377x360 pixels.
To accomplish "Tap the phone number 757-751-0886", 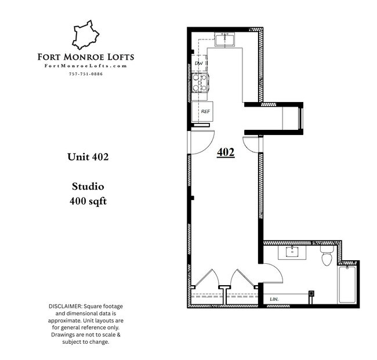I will pyautogui.click(x=85, y=74).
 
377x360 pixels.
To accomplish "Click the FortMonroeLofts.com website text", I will pyautogui.click(x=85, y=66).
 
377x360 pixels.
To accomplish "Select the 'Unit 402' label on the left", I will pyautogui.click(x=88, y=157).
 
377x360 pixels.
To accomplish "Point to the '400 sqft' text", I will pyautogui.click(x=88, y=202).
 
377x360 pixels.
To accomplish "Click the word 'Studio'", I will pyautogui.click(x=88, y=187).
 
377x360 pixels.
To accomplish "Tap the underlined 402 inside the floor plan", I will pyautogui.click(x=225, y=152).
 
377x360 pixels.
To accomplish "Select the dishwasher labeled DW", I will pyautogui.click(x=199, y=63).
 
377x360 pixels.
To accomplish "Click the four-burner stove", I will pyautogui.click(x=200, y=83).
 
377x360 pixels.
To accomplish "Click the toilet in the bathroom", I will pyautogui.click(x=327, y=256).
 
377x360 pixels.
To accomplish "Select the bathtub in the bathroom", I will pyautogui.click(x=347, y=283).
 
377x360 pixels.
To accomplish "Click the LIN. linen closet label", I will pyautogui.click(x=274, y=299).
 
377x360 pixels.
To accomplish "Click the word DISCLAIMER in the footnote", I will pyautogui.click(x=64, y=306).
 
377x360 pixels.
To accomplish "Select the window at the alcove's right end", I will pyautogui.click(x=300, y=118).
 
